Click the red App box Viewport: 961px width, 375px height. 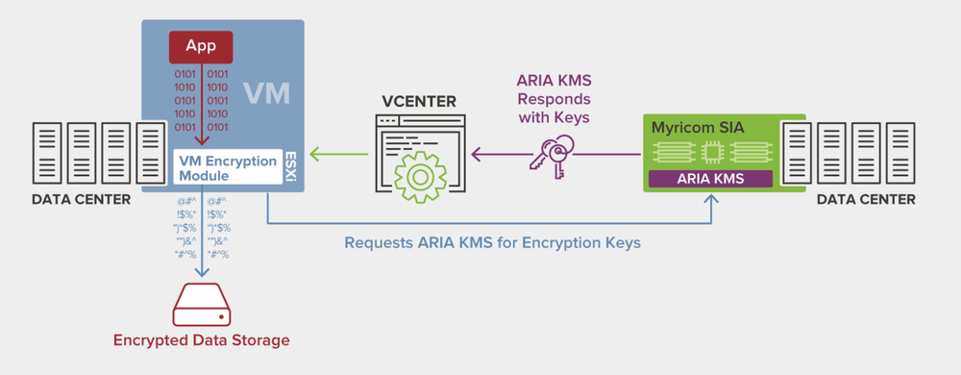click(x=201, y=46)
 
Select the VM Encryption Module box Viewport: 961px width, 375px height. click(x=227, y=168)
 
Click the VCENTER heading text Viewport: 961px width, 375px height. click(x=419, y=102)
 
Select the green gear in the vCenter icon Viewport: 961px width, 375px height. click(x=419, y=175)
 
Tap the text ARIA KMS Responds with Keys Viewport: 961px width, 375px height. click(x=554, y=99)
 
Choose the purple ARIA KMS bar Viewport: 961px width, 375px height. click(x=710, y=178)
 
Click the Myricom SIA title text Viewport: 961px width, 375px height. click(x=692, y=127)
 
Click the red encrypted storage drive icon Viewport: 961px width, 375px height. click(x=201, y=307)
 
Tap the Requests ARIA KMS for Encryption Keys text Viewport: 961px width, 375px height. click(x=492, y=242)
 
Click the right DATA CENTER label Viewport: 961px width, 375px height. click(x=866, y=200)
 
